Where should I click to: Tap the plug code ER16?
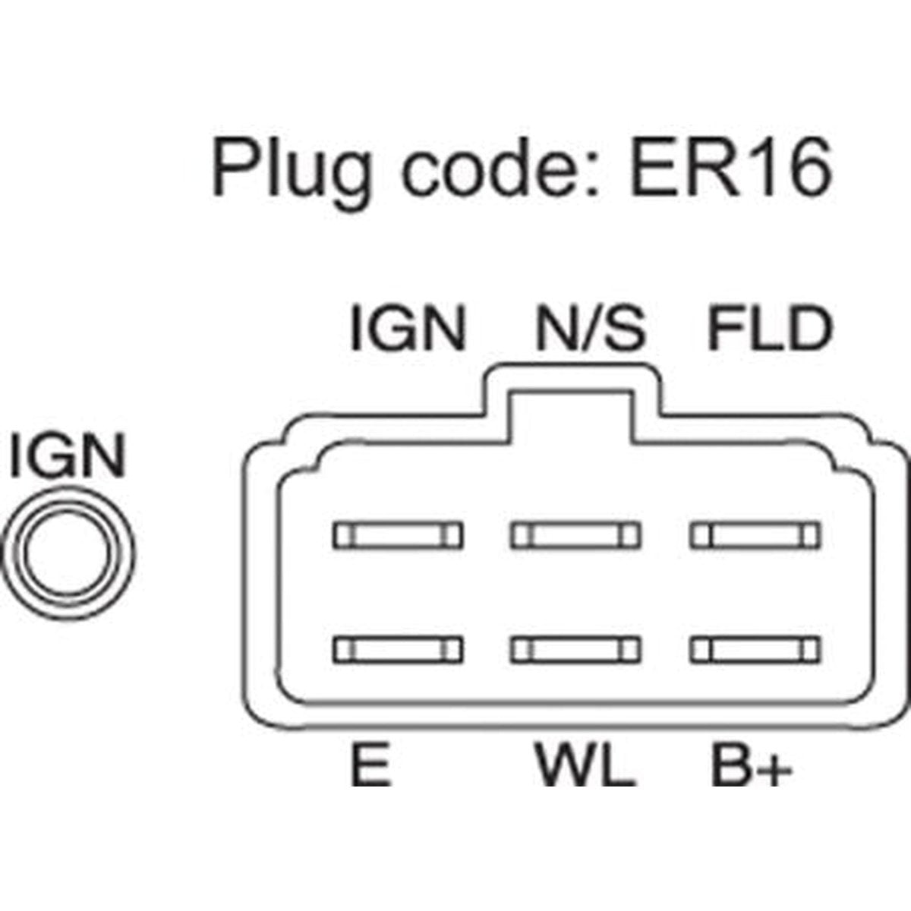(x=731, y=169)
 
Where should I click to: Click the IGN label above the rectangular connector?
(x=408, y=329)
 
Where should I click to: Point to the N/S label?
(x=591, y=329)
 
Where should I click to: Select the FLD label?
(x=770, y=329)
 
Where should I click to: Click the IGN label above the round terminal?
(x=68, y=454)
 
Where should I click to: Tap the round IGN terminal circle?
(x=67, y=554)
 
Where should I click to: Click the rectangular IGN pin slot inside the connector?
(x=398, y=536)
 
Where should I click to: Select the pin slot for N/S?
(x=575, y=536)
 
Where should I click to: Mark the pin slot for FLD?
(x=755, y=536)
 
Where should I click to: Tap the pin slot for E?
(x=398, y=651)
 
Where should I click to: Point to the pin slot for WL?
(x=575, y=651)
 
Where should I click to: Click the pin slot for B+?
(x=755, y=651)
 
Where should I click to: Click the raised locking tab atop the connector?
(x=572, y=379)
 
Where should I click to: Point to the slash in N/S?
(x=591, y=329)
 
